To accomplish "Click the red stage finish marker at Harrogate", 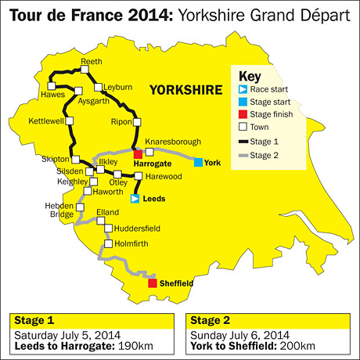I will coord(139,154).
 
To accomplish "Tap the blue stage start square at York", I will coord(199,162).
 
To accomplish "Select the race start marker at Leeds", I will coord(135,199).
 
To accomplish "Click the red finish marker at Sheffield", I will coord(153,283).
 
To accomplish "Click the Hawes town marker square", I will coord(52,85).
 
